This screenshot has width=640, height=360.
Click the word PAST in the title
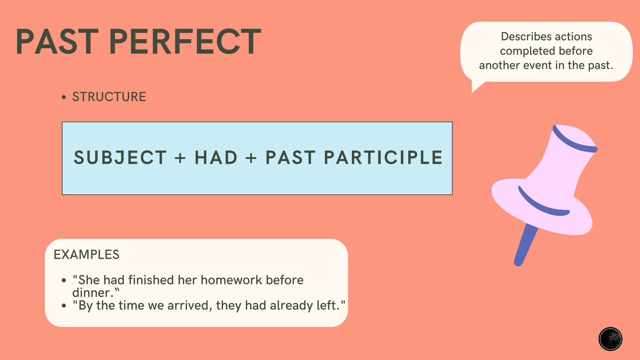pos(57,42)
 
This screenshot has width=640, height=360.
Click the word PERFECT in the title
pos(185,42)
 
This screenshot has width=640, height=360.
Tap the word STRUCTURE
pos(109,97)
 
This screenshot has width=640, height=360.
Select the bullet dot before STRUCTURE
pos(64,97)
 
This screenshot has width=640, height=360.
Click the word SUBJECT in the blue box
pos(120,157)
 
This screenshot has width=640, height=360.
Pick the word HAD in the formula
pos(216,157)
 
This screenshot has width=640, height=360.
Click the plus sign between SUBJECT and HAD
pos(180,157)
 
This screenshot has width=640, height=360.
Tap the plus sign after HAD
pos(251,157)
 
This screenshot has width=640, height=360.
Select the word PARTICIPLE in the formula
pos(383,157)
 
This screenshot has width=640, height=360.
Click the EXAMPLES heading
pos(87,255)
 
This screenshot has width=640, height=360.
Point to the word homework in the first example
pos(232,280)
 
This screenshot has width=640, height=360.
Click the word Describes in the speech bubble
pos(520,37)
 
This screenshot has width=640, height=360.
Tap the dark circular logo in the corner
pos(610,339)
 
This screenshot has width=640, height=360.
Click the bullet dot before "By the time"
pos(64,306)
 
